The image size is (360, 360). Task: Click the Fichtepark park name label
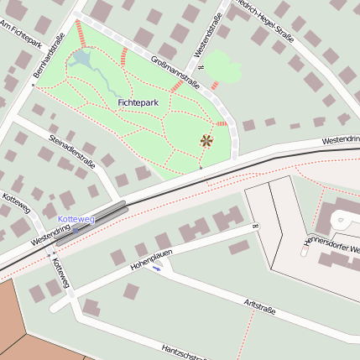[138, 102]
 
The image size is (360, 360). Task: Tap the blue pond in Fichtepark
[82, 59]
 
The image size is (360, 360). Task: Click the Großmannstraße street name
[175, 71]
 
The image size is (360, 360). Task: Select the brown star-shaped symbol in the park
[206, 140]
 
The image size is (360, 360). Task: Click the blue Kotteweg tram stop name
[76, 219]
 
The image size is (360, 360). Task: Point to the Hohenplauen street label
[151, 259]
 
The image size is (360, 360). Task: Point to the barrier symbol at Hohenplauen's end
[253, 226]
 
